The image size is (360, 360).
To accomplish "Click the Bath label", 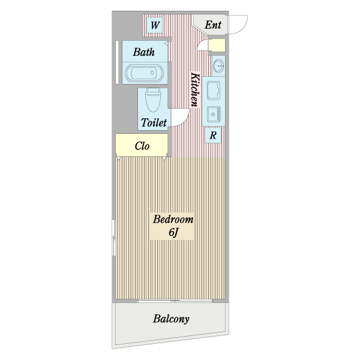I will tap(144, 52).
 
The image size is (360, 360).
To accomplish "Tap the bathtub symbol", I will tap(143, 74).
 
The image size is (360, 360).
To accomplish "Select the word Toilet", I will tap(154, 123).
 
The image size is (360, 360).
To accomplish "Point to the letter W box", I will tap(155, 25).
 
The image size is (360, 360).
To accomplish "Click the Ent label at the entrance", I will tap(213, 25).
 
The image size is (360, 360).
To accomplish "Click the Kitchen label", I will tap(194, 90).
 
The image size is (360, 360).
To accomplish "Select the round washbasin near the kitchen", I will tap(218, 64).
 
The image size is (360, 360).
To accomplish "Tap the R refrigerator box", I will tap(214, 136).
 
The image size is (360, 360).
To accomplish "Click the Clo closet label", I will tap(142, 145).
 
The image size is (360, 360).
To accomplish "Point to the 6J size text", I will tap(173, 233).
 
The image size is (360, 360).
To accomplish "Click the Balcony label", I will tap(171, 319).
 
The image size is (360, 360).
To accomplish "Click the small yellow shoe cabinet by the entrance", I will tap(216, 45).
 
